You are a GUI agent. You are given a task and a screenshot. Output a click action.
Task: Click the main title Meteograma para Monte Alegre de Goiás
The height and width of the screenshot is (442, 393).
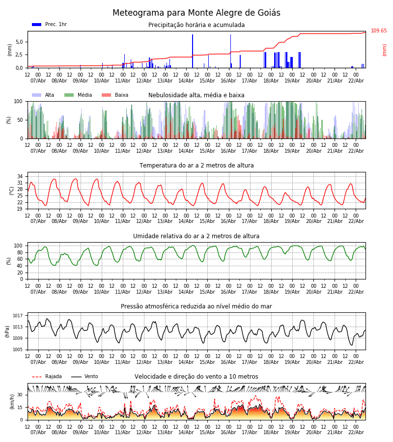click(x=196, y=13)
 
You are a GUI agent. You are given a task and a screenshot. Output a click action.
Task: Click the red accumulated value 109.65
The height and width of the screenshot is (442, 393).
click(x=379, y=31)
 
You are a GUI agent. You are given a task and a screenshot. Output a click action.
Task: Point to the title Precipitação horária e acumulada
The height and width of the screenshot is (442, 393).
click(x=196, y=25)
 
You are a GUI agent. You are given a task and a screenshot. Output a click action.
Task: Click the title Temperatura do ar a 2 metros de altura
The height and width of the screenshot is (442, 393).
click(x=196, y=166)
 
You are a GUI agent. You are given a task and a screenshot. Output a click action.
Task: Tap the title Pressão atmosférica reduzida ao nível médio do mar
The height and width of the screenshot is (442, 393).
click(x=196, y=306)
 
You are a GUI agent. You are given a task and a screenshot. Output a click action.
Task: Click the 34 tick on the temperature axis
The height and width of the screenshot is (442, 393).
click(x=20, y=176)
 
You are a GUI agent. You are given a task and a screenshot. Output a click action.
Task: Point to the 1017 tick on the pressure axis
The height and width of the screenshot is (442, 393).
click(x=18, y=316)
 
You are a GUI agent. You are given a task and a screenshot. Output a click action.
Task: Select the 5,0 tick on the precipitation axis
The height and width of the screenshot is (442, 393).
click(x=19, y=42)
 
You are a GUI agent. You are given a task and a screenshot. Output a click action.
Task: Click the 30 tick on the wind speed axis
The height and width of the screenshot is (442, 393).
click(x=20, y=395)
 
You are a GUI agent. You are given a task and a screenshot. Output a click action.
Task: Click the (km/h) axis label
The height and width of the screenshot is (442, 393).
click(x=12, y=402)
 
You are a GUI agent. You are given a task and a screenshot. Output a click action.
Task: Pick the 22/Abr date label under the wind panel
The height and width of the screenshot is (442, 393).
click(x=356, y=433)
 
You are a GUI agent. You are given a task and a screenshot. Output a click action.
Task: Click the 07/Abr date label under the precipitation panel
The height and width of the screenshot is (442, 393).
click(x=38, y=81)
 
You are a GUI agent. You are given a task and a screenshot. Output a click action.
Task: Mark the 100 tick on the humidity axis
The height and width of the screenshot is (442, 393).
click(x=18, y=246)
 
